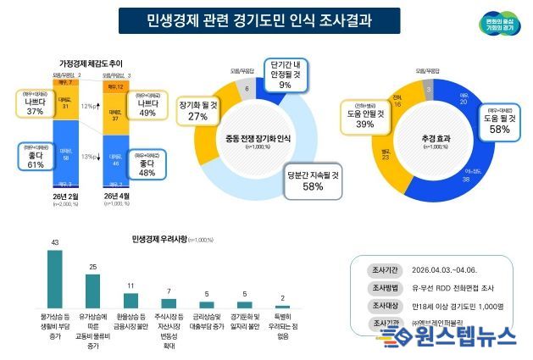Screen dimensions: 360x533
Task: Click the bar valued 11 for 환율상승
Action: pyautogui.click(x=130, y=300)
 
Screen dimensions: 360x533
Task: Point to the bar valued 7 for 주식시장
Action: pyautogui.click(x=169, y=302)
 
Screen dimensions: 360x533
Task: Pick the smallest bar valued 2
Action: pyautogui.click(x=282, y=306)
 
